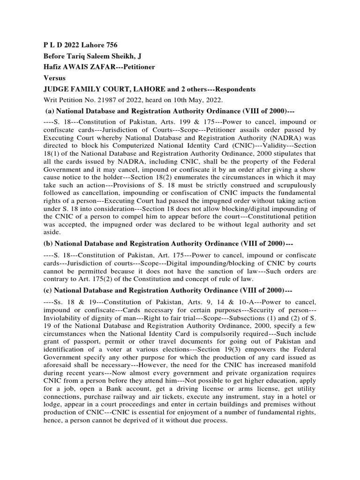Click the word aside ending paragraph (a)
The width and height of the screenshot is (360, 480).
[52, 232]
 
